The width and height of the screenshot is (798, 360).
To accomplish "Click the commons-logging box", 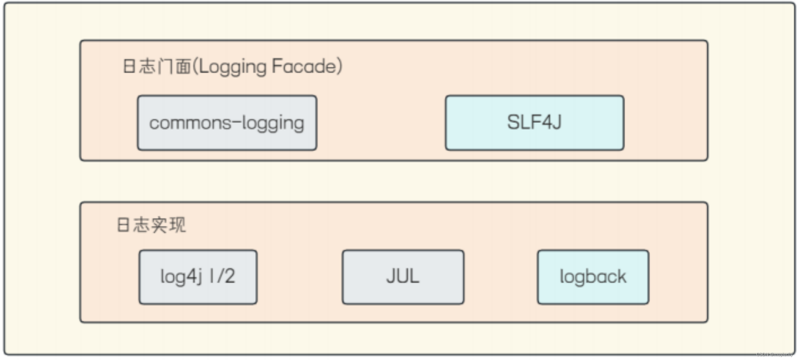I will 227,123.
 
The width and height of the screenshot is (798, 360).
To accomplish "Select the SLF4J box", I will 534,123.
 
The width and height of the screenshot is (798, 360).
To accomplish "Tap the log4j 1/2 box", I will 198,277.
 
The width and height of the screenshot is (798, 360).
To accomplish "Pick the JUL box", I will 403,277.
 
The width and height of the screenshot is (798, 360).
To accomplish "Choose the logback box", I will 593,277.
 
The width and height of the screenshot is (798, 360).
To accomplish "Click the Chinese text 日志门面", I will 157,66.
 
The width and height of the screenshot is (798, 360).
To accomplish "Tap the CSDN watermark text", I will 774,354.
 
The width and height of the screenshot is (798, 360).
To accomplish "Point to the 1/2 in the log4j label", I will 222,276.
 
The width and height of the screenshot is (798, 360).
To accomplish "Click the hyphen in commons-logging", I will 236,122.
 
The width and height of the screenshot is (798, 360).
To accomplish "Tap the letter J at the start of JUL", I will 391,276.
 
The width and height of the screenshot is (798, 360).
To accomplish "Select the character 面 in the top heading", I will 183,67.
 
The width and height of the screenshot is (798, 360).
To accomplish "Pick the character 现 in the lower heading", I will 178,225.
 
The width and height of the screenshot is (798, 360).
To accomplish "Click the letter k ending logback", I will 621,276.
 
